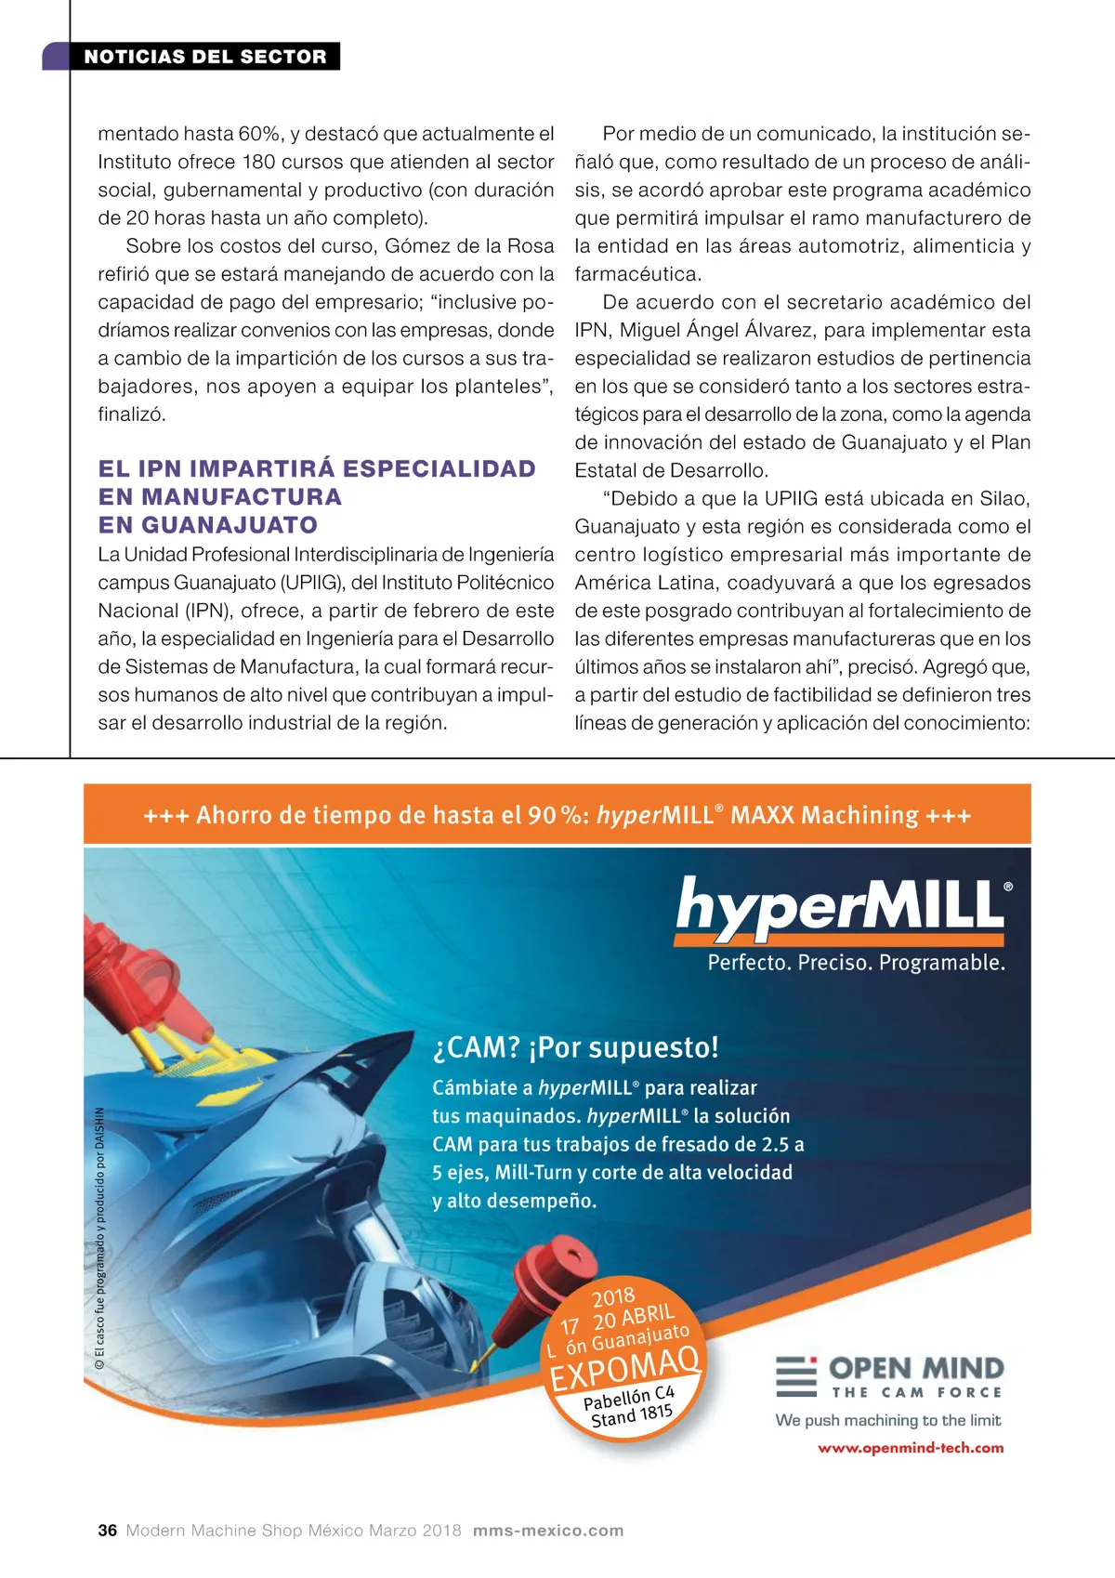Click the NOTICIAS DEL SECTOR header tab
pos(204,57)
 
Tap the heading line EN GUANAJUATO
pos(208,525)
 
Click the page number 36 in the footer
pos(108,1531)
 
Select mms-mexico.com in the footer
pos(548,1531)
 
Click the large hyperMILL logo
pos(841,906)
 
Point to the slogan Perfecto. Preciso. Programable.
pos(856,963)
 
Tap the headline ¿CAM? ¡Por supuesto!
pos(575,1047)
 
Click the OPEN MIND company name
pos(916,1368)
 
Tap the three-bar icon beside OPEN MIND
pos(795,1376)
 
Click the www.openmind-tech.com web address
pos(910,1448)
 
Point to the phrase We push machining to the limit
pos(887,1420)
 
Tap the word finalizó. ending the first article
pos(132,414)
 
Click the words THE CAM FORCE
pos(916,1392)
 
